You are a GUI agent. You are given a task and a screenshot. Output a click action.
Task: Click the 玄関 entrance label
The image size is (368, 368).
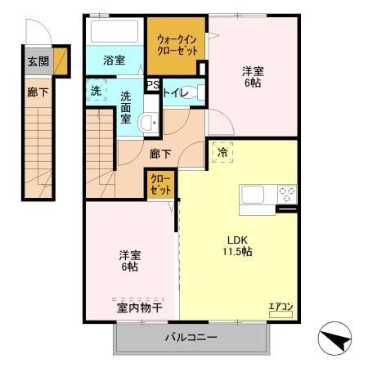tap(38, 61)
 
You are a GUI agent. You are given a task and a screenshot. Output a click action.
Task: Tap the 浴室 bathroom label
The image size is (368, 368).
tap(114, 61)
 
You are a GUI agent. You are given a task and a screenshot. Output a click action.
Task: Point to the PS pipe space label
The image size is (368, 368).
tap(152, 85)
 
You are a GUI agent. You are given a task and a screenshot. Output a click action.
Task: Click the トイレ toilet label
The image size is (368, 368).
tap(176, 93)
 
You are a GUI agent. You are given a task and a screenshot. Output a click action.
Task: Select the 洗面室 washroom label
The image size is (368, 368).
tap(127, 107)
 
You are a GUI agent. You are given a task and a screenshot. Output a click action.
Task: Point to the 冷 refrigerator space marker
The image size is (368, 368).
tap(222, 152)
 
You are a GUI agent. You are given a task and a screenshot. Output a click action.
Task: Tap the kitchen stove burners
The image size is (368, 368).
tap(287, 195)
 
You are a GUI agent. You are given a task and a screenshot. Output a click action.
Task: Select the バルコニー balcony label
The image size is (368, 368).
tap(191, 337)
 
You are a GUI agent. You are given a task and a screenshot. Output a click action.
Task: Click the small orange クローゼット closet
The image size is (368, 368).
tap(160, 184)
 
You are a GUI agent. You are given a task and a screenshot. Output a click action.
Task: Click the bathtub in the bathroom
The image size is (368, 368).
tap(114, 32)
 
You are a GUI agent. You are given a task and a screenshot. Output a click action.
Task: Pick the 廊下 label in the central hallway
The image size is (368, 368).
tap(160, 152)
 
